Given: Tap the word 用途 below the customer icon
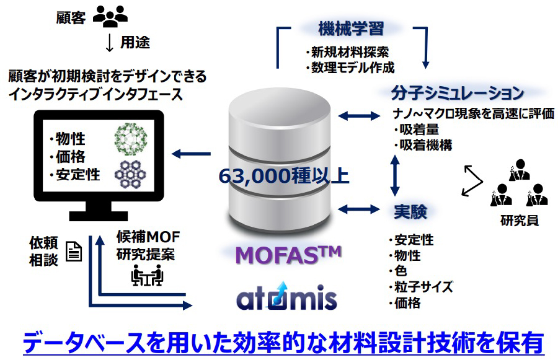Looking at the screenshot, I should point(135,43).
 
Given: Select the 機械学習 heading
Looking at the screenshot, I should point(351,29).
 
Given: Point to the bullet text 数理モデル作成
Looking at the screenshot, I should point(350,68).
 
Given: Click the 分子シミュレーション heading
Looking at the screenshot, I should point(458,94).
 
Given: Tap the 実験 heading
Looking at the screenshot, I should point(410,211).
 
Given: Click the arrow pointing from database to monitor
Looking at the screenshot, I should point(192,154).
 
